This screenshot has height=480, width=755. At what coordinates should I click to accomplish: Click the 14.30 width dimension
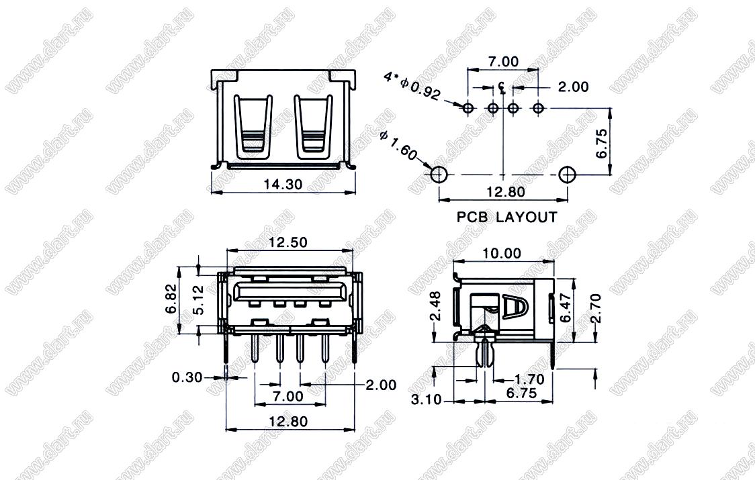[x=283, y=185]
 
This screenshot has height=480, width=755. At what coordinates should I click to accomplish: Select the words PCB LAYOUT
[x=506, y=217]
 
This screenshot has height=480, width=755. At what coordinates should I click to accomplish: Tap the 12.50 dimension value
[x=288, y=242]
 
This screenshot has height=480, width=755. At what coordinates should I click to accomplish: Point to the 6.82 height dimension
[x=171, y=299]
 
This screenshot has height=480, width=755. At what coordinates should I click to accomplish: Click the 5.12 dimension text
[x=198, y=300]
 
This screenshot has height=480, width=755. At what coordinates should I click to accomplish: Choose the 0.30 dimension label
[x=187, y=377]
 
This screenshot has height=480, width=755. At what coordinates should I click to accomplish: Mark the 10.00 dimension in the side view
[x=502, y=253]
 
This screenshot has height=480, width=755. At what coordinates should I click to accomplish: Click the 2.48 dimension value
[x=435, y=305]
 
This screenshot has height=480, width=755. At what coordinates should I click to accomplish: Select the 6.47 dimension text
[x=566, y=307]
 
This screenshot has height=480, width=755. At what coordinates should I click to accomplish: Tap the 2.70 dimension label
[x=596, y=308]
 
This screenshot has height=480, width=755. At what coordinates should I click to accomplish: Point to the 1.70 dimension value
[x=529, y=379]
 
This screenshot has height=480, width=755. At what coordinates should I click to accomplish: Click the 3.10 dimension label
[x=426, y=399]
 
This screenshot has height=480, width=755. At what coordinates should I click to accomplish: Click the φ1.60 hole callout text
[x=398, y=146]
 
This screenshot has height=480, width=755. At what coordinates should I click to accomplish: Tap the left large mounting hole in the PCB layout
[x=439, y=175]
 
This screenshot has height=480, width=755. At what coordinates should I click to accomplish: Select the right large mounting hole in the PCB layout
[x=568, y=175]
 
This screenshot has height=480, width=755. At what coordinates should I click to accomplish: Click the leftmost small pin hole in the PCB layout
[x=468, y=108]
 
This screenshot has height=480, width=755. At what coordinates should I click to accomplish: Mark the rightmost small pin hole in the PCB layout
[x=538, y=108]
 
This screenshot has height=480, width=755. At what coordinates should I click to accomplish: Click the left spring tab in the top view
[x=253, y=127]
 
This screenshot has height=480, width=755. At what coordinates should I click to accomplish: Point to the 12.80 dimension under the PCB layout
[x=506, y=191]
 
